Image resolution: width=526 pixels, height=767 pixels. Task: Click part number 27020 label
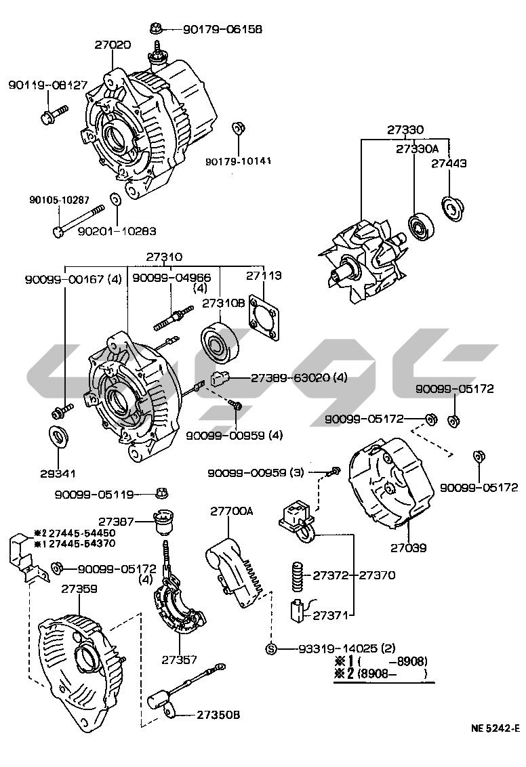coord(113,44)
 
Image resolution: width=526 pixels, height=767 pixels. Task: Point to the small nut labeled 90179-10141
coord(238,128)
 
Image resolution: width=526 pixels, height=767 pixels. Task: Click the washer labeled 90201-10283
coord(115,200)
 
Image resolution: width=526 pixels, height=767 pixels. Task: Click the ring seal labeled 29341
coord(59,436)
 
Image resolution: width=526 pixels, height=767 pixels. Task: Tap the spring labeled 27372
coord(298,576)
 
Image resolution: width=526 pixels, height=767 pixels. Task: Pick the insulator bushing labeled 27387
coord(163,522)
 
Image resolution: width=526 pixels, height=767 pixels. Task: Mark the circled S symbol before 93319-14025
coord(271,648)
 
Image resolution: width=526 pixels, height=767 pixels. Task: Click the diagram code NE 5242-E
coord(495,728)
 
